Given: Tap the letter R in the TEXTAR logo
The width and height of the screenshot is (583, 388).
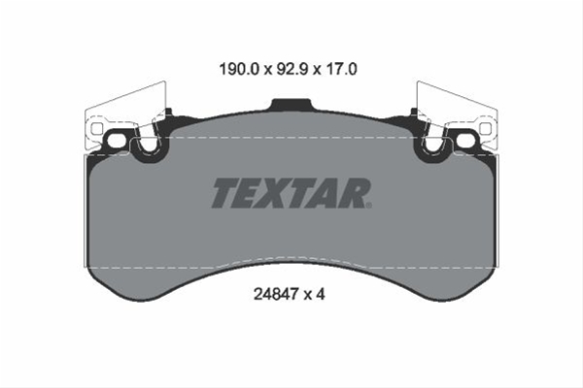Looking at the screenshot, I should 352,193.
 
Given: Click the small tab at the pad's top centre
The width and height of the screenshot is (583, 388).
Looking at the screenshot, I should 291,105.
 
